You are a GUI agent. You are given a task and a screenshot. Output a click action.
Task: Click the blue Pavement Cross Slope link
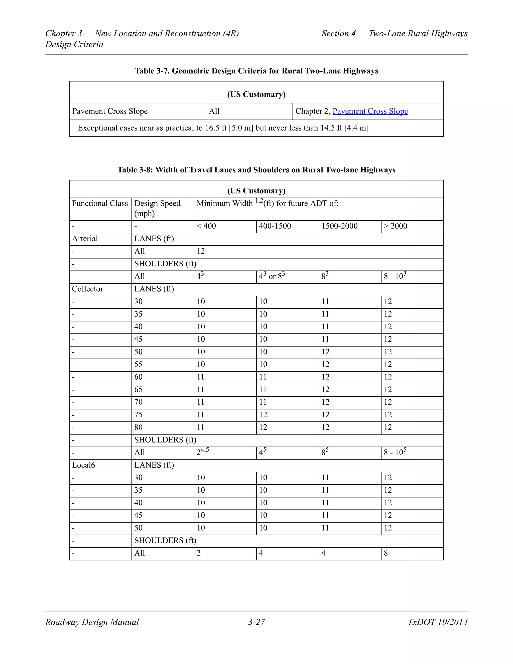[x=370, y=111]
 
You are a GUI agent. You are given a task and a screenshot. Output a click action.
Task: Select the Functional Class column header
[x=100, y=203]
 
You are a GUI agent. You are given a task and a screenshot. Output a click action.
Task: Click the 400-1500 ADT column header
[x=275, y=226]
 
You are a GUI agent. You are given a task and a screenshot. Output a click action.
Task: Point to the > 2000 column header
[x=395, y=226]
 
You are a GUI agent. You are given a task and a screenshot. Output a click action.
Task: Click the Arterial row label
[x=85, y=239]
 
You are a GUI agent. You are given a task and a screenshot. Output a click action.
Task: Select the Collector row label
[x=87, y=289]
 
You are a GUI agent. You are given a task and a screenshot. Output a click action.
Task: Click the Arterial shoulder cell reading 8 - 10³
[x=395, y=276]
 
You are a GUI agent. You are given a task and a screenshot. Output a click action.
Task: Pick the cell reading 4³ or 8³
[x=272, y=276]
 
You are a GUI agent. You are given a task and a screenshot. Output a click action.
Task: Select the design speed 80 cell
[x=138, y=427]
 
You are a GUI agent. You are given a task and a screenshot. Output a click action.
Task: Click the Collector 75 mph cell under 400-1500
[x=263, y=415]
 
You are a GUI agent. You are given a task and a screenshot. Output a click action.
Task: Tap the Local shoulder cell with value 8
[x=386, y=553]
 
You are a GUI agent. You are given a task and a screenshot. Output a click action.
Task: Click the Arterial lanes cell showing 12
[x=201, y=251]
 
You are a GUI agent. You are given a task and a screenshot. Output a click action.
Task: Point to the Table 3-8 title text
[x=256, y=170]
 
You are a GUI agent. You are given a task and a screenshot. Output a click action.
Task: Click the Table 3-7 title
[x=256, y=71]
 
